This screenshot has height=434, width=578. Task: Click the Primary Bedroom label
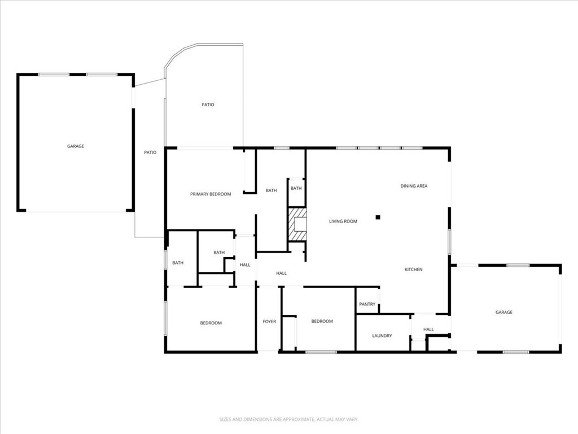point(210,194)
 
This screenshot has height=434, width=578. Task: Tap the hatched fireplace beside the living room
point(297,224)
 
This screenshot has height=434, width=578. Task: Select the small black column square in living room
point(379,217)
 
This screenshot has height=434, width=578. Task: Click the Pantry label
point(367,305)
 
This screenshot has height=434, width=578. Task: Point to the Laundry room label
point(382,336)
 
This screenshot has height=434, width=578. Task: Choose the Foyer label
point(269,322)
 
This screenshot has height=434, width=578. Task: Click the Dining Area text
point(414,186)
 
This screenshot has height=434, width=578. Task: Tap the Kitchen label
point(413,270)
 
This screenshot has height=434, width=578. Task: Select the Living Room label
point(343,222)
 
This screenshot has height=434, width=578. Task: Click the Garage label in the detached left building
point(76,146)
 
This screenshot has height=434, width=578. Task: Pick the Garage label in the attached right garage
point(504,313)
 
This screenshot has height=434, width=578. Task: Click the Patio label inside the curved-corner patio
point(208,105)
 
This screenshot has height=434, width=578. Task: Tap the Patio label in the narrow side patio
point(150,152)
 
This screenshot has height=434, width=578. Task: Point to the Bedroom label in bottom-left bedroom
point(211,323)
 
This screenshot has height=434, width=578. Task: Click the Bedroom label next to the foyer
point(322,322)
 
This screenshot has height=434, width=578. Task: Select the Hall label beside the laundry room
point(428,329)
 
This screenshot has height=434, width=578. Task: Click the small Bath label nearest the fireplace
point(296,188)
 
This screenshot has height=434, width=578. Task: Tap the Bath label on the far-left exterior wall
point(178,263)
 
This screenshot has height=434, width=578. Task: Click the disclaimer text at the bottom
point(289,419)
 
